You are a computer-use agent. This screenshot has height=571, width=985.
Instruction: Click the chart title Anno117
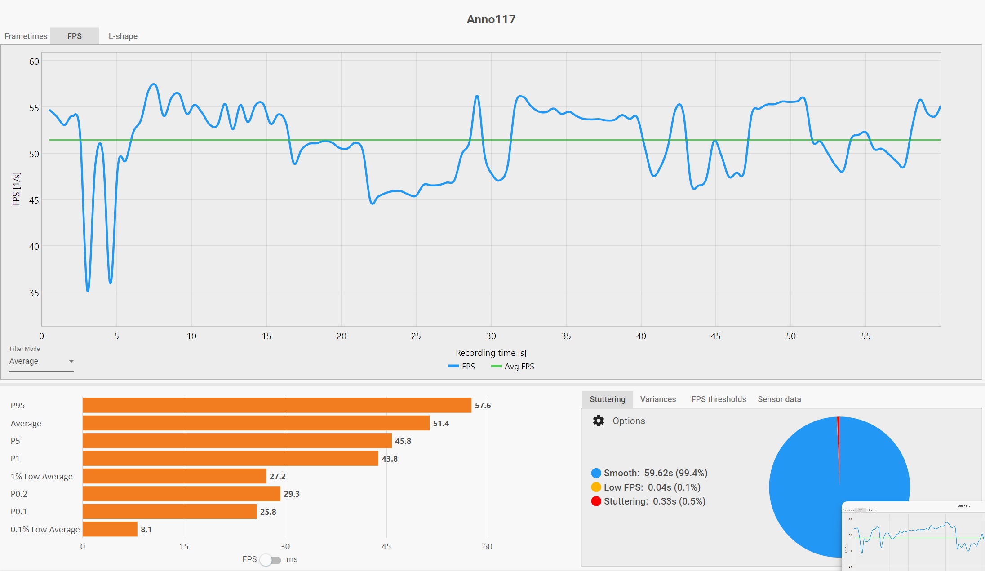[491, 19]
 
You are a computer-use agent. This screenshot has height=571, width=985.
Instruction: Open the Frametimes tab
[26, 36]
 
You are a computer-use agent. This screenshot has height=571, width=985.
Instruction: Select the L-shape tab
[123, 36]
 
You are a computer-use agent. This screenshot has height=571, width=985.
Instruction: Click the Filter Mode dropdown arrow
[71, 361]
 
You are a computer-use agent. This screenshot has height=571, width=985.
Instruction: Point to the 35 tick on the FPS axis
[34, 293]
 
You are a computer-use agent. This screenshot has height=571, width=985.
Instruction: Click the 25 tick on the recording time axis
[416, 336]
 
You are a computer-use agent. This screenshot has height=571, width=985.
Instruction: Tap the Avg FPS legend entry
[513, 367]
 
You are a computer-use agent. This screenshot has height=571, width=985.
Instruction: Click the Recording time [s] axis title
[491, 353]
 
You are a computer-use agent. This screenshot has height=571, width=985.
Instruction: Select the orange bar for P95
[277, 405]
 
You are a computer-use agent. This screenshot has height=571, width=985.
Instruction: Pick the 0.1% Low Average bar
[110, 529]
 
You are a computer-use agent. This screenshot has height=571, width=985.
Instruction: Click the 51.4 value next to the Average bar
[441, 423]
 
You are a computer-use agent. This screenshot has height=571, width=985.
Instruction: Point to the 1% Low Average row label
[41, 477]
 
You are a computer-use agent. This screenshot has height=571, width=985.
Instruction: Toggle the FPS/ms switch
[270, 560]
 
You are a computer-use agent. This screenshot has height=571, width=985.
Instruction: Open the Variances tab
[658, 399]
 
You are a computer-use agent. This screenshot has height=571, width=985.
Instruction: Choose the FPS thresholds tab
[719, 399]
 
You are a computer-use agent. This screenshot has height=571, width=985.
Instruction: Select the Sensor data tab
[779, 399]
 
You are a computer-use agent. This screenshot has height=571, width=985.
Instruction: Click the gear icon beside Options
[599, 421]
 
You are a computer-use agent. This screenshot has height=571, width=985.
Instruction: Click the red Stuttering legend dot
[596, 501]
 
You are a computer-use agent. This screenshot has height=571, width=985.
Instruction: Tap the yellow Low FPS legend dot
[596, 487]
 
